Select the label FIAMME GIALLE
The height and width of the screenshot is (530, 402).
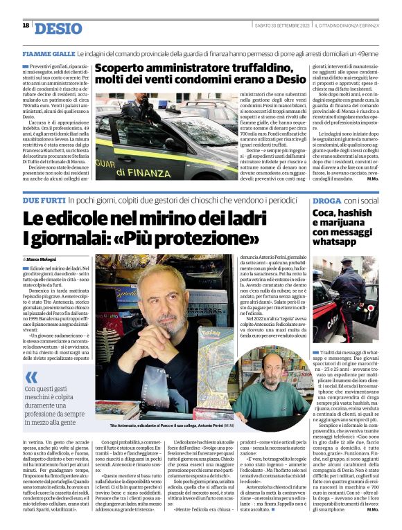click(48, 53)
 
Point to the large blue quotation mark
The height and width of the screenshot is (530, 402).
click(31, 377)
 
